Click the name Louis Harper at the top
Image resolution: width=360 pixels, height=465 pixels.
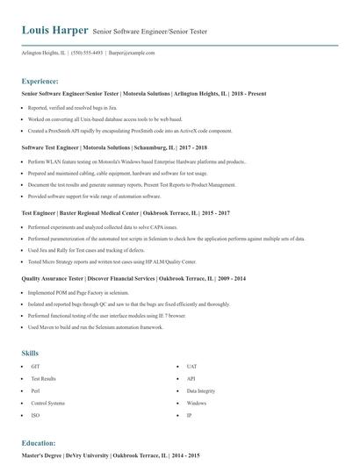point(54,31)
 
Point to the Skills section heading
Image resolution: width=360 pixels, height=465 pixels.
point(30,353)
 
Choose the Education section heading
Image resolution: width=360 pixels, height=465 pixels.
point(40,443)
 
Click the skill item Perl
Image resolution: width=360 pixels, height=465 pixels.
point(35,390)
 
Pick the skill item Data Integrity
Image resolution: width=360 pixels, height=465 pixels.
point(200,390)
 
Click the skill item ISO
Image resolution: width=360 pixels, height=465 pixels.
point(35,415)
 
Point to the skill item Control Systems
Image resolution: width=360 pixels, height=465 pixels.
point(47,403)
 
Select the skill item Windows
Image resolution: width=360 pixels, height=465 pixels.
point(196,403)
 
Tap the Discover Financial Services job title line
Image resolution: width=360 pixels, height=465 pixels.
point(120,276)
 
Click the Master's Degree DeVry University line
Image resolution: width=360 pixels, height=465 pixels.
point(111,456)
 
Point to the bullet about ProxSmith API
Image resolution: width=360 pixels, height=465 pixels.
point(129,130)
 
